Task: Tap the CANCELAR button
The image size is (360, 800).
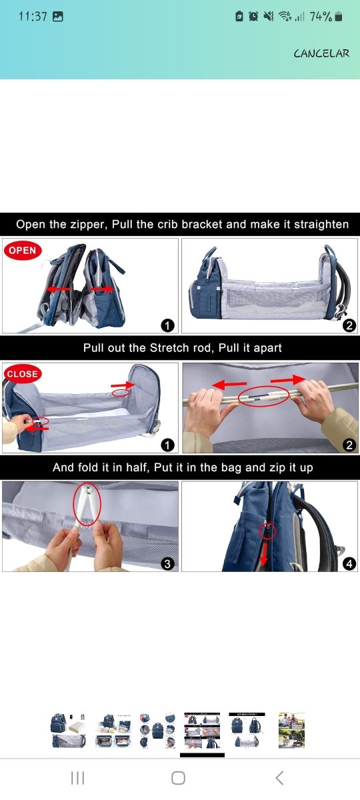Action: click(x=321, y=53)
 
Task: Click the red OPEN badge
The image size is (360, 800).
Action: click(x=23, y=251)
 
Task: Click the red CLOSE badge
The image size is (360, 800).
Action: click(x=22, y=374)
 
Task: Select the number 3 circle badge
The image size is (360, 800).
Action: click(x=167, y=563)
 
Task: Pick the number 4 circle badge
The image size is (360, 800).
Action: click(x=349, y=563)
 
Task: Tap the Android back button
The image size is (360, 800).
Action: click(x=280, y=777)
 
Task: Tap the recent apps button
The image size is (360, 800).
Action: click(x=77, y=777)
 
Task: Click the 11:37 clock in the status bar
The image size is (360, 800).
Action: click(x=32, y=17)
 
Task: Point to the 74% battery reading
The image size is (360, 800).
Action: click(x=321, y=17)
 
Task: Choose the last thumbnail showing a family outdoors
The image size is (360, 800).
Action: click(x=291, y=730)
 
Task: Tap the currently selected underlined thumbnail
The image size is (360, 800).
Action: click(x=202, y=730)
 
